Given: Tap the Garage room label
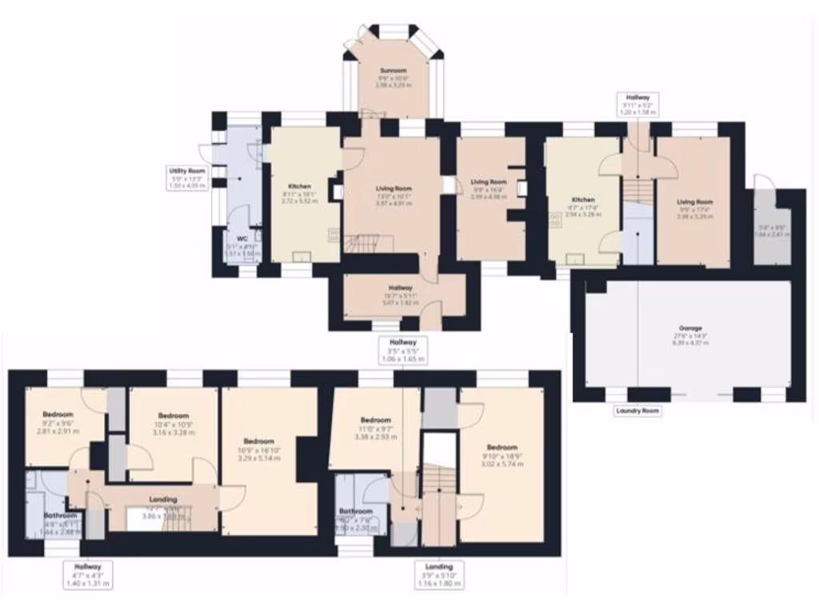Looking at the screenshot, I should (690, 329).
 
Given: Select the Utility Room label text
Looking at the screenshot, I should (187, 171).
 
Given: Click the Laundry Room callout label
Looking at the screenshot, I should (637, 411).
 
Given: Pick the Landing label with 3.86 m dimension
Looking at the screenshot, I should (163, 500).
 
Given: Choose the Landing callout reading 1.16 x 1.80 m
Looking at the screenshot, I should (439, 567).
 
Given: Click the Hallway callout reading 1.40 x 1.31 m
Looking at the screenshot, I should (89, 566).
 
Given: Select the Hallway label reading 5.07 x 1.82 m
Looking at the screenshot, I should (401, 288).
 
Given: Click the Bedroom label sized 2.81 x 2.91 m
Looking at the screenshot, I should (58, 414).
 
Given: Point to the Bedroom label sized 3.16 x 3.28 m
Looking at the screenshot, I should (174, 416).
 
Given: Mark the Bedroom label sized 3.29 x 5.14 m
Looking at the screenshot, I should (259, 441).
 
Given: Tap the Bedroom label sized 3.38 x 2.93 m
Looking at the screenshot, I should (375, 421).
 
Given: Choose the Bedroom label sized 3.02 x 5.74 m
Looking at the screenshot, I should (501, 448).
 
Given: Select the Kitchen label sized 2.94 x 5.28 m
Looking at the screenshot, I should (583, 199).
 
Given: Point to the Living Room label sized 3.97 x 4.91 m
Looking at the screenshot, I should (393, 189).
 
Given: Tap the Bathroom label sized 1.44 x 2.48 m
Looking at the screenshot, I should (60, 516).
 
